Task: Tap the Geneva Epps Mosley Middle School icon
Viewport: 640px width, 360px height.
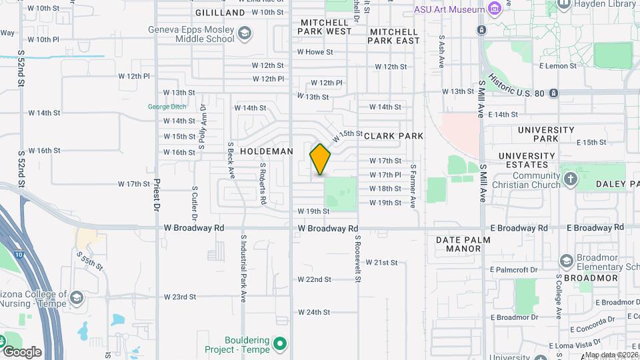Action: (x=245, y=33)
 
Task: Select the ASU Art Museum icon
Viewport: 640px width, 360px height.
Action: (x=494, y=9)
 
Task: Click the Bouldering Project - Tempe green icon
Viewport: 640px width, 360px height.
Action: (x=281, y=344)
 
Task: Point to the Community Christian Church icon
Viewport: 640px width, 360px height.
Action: (x=570, y=179)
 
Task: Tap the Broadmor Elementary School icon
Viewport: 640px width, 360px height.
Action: (x=567, y=260)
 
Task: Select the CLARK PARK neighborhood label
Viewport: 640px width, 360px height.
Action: (x=393, y=136)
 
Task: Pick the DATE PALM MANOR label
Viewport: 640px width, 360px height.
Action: (x=463, y=244)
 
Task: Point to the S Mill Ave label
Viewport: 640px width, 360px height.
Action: (x=481, y=100)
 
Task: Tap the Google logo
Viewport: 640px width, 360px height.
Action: (x=21, y=351)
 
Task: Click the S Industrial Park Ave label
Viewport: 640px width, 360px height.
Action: (x=244, y=266)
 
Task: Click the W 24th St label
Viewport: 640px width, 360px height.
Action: (x=314, y=312)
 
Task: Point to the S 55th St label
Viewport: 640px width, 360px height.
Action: (x=89, y=261)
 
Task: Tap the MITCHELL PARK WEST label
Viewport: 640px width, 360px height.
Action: (x=325, y=27)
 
